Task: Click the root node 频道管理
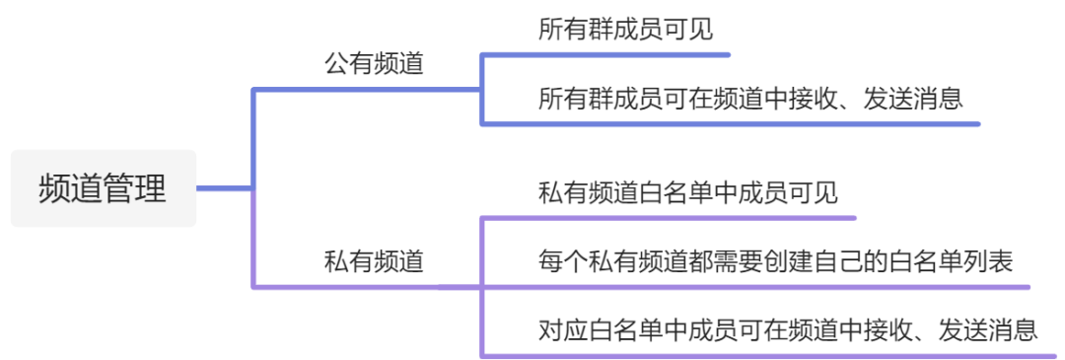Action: pyautogui.click(x=104, y=188)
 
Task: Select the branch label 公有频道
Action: pyautogui.click(x=374, y=64)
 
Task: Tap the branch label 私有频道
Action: pyautogui.click(x=374, y=261)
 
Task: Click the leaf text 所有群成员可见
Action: pyautogui.click(x=625, y=30)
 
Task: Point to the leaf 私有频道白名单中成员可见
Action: pyautogui.click(x=688, y=193)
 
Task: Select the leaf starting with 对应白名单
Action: pyautogui.click(x=788, y=330)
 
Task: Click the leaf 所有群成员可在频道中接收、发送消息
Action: pyautogui.click(x=750, y=100)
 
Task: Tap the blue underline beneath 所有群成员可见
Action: pyautogui.click(x=605, y=54)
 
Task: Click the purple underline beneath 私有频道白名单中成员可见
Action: pyautogui.click(x=669, y=218)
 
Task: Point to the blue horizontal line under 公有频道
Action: pyautogui.click(x=367, y=89)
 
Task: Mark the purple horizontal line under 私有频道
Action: pyautogui.click(x=367, y=287)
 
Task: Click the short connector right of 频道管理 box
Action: pyautogui.click(x=224, y=188)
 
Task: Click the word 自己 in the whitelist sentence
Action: pyautogui.click(x=814, y=261)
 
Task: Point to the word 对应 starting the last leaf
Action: pyautogui.click(x=562, y=330)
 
